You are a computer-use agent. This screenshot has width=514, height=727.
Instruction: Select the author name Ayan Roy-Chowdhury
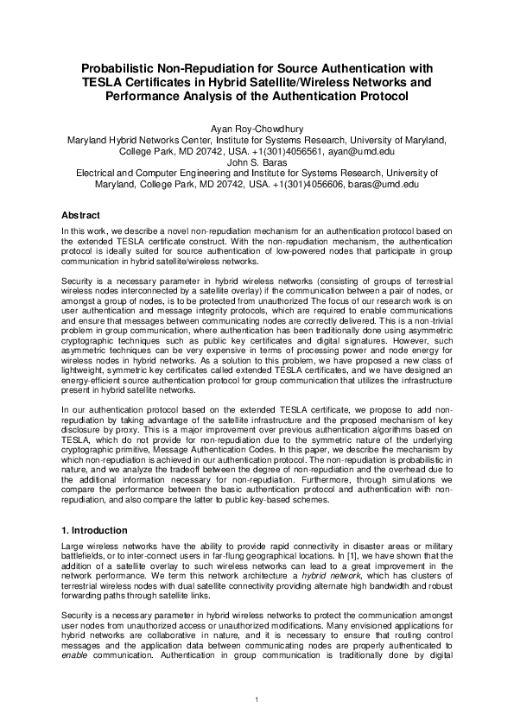[x=257, y=126]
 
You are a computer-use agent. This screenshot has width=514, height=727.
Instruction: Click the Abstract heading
[x=81, y=214]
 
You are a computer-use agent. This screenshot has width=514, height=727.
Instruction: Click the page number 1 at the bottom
[x=257, y=697]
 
